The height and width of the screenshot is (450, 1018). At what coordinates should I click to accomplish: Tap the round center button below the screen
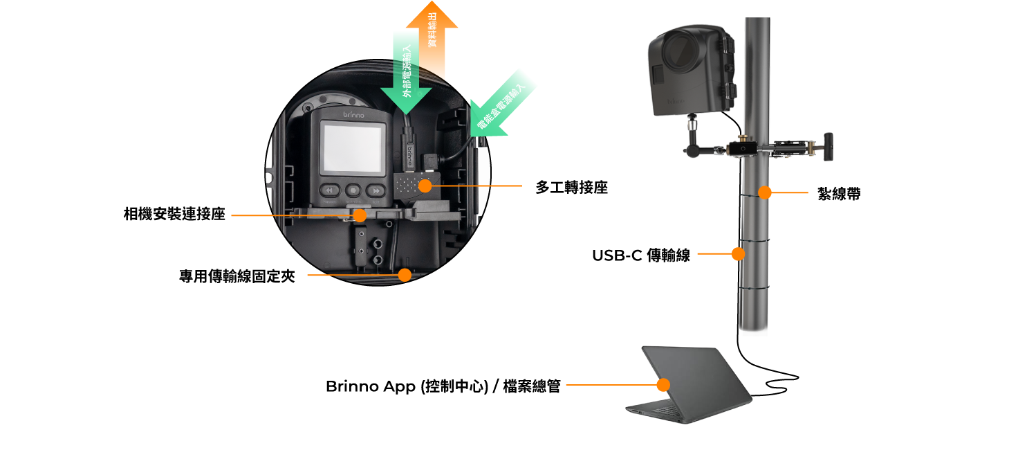pyautogui.click(x=353, y=190)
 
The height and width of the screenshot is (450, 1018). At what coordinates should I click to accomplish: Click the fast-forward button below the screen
pyautogui.click(x=376, y=190)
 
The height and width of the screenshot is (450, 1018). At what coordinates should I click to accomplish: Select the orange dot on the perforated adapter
pyautogui.click(x=425, y=186)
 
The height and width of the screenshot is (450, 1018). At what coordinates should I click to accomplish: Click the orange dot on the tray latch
pyautogui.click(x=359, y=215)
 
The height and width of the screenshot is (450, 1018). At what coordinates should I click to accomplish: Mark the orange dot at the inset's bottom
pyautogui.click(x=405, y=275)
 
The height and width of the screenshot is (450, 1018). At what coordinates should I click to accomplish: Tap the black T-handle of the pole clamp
pyautogui.click(x=827, y=146)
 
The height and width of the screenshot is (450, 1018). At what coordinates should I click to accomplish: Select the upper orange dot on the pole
pyautogui.click(x=764, y=192)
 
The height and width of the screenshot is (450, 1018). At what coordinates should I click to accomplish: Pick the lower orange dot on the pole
pyautogui.click(x=738, y=254)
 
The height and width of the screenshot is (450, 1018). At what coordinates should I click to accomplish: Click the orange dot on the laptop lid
pyautogui.click(x=663, y=385)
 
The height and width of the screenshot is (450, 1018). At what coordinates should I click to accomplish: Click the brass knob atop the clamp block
pyautogui.click(x=743, y=139)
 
